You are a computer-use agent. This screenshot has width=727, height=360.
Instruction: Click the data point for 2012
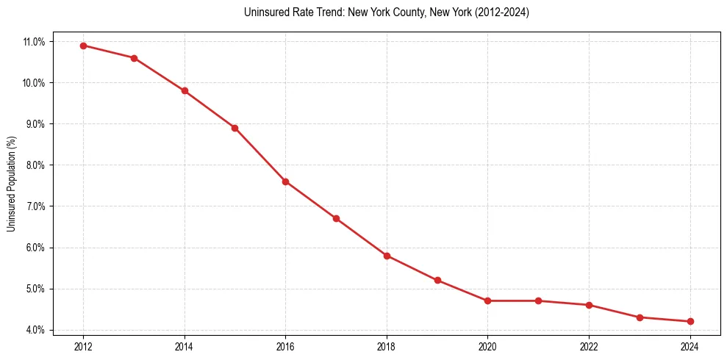[x=83, y=46]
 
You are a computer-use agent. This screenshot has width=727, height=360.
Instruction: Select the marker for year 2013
[x=134, y=58]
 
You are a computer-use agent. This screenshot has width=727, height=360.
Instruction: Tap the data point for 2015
[x=234, y=128]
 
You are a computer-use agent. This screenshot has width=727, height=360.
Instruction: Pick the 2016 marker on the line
[x=285, y=181]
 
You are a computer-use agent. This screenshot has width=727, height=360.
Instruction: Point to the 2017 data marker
[x=336, y=218]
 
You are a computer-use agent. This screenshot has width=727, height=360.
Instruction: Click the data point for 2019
[x=437, y=280]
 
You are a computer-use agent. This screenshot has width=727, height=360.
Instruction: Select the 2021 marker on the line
[x=538, y=300]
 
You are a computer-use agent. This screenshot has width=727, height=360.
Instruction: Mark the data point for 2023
[x=640, y=317]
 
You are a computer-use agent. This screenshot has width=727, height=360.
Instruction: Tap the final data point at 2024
[x=690, y=321]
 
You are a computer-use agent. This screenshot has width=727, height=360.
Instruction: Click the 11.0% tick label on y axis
[x=34, y=42]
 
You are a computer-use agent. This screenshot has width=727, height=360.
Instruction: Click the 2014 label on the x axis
[x=185, y=346]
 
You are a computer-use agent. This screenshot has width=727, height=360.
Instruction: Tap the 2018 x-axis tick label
[x=387, y=346]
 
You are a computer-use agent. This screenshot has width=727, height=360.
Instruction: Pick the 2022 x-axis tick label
[x=589, y=346]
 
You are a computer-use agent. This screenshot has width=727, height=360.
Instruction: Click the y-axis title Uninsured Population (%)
[x=11, y=184]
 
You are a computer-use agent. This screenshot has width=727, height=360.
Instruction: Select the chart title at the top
[x=387, y=12]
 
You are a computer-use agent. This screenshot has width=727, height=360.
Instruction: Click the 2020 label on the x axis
[x=487, y=346]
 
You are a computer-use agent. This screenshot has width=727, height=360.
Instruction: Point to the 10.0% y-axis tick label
[x=34, y=83]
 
